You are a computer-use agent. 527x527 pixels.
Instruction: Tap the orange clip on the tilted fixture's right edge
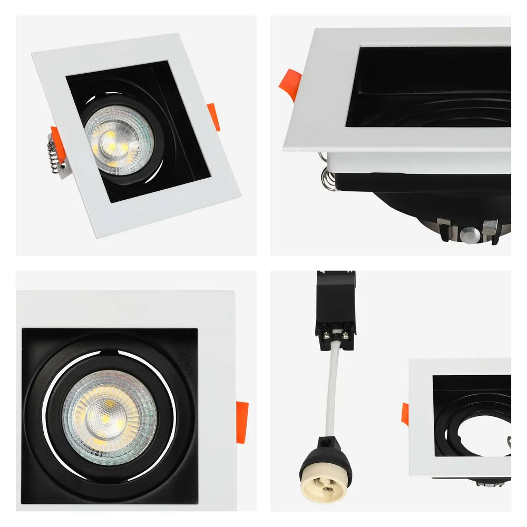pyautogui.click(x=213, y=116)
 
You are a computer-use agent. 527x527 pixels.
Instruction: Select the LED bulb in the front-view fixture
pyautogui.click(x=110, y=411)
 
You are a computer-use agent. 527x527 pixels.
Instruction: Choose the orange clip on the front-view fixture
pyautogui.click(x=242, y=422)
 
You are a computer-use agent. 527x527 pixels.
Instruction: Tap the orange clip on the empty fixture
pyautogui.click(x=405, y=414)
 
